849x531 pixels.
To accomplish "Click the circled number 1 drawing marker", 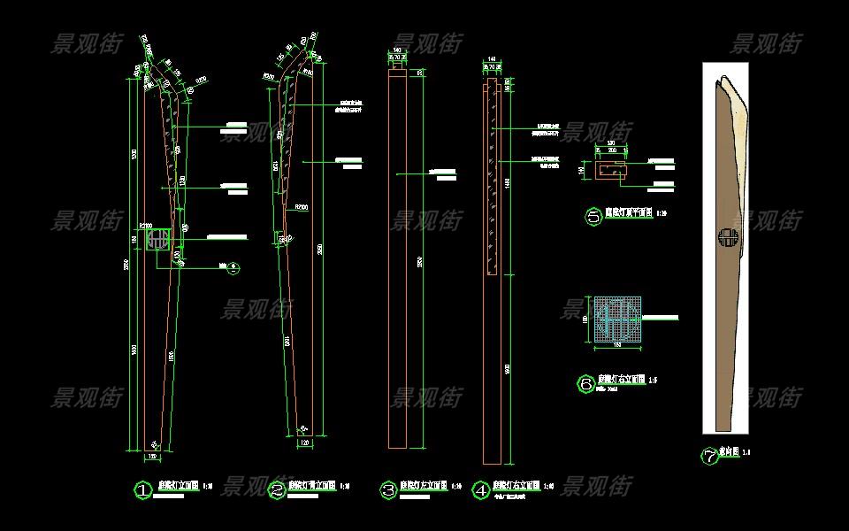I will pyautogui.click(x=142, y=489).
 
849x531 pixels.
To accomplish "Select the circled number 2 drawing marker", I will pyautogui.click(x=277, y=489).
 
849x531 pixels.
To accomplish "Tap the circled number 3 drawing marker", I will pyautogui.click(x=387, y=489).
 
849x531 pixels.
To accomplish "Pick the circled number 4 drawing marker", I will pyautogui.click(x=481, y=489).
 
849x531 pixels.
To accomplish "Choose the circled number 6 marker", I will pyautogui.click(x=585, y=384).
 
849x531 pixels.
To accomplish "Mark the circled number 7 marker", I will pyautogui.click(x=709, y=457).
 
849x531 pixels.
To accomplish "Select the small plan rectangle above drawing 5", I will pyautogui.click(x=610, y=169).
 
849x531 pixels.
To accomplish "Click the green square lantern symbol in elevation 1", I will pyautogui.click(x=159, y=239).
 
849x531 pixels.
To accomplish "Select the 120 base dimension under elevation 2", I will pyautogui.click(x=305, y=442).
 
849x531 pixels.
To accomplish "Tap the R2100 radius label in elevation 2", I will pyautogui.click(x=301, y=207).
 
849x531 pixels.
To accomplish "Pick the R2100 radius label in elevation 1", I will pyautogui.click(x=146, y=226).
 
